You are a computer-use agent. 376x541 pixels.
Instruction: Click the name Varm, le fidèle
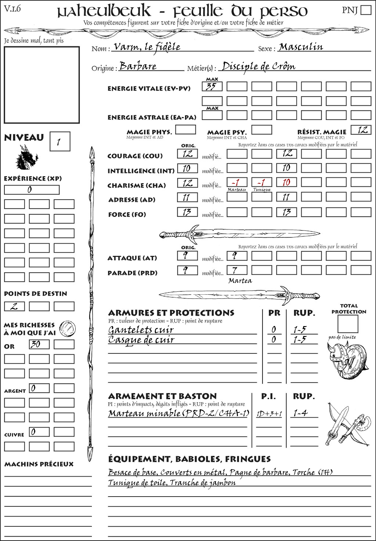pyautogui.click(x=147, y=47)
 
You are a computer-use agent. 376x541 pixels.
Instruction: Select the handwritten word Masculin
pyautogui.click(x=301, y=47)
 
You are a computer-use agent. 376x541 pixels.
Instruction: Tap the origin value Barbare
pyautogui.click(x=138, y=66)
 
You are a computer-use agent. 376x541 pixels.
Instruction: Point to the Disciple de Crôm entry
pyautogui.click(x=258, y=66)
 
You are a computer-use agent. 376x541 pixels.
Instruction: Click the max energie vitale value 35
pyautogui.click(x=212, y=87)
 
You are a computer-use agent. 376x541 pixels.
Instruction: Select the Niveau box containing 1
pyautogui.click(x=59, y=142)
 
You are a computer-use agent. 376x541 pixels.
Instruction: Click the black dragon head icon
pyautogui.click(x=26, y=158)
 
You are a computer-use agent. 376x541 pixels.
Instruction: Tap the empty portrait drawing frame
pyautogui.click(x=41, y=85)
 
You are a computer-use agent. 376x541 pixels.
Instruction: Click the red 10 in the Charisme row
pyautogui.click(x=286, y=183)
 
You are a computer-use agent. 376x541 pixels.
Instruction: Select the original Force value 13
pyautogui.click(x=187, y=212)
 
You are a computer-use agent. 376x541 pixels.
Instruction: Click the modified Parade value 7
pyautogui.click(x=236, y=270)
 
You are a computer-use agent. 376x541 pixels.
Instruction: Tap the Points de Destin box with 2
pyautogui.click(x=14, y=306)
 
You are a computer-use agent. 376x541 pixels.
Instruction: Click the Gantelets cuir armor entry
pyautogui.click(x=141, y=330)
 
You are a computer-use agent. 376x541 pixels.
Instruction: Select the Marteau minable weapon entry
pyautogui.click(x=178, y=413)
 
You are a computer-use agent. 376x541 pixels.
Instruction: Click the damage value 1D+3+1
pyautogui.click(x=269, y=414)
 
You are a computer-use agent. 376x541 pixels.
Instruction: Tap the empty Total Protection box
pyautogui.click(x=348, y=324)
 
